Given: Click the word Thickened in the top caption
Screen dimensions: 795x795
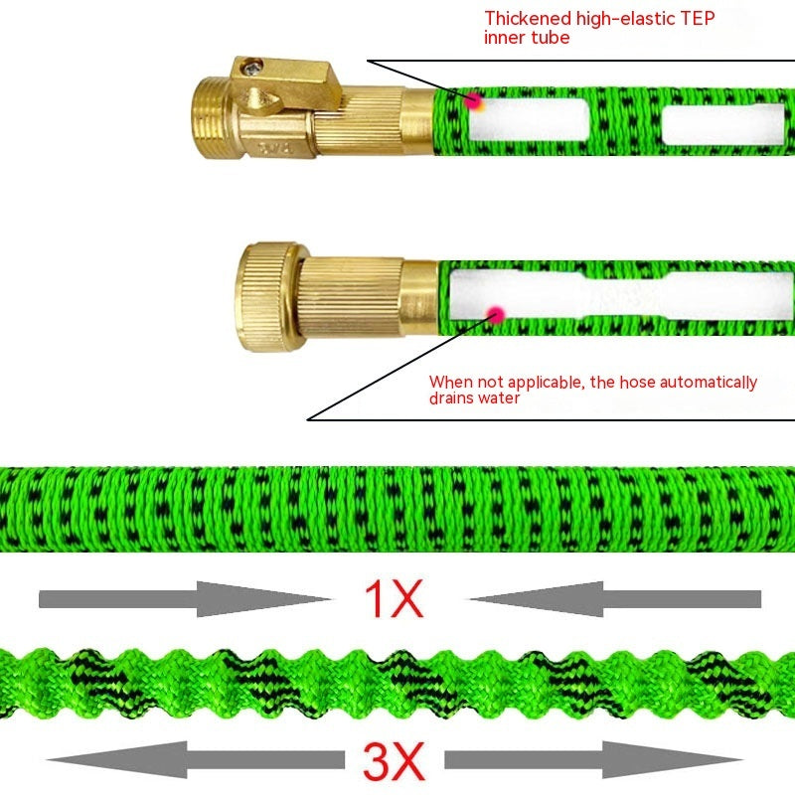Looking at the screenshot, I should [528, 18].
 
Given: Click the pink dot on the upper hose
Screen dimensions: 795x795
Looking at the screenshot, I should [474, 99].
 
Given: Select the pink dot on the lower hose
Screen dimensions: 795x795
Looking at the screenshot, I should [493, 314].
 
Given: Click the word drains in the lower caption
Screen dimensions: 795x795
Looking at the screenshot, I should [452, 398].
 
